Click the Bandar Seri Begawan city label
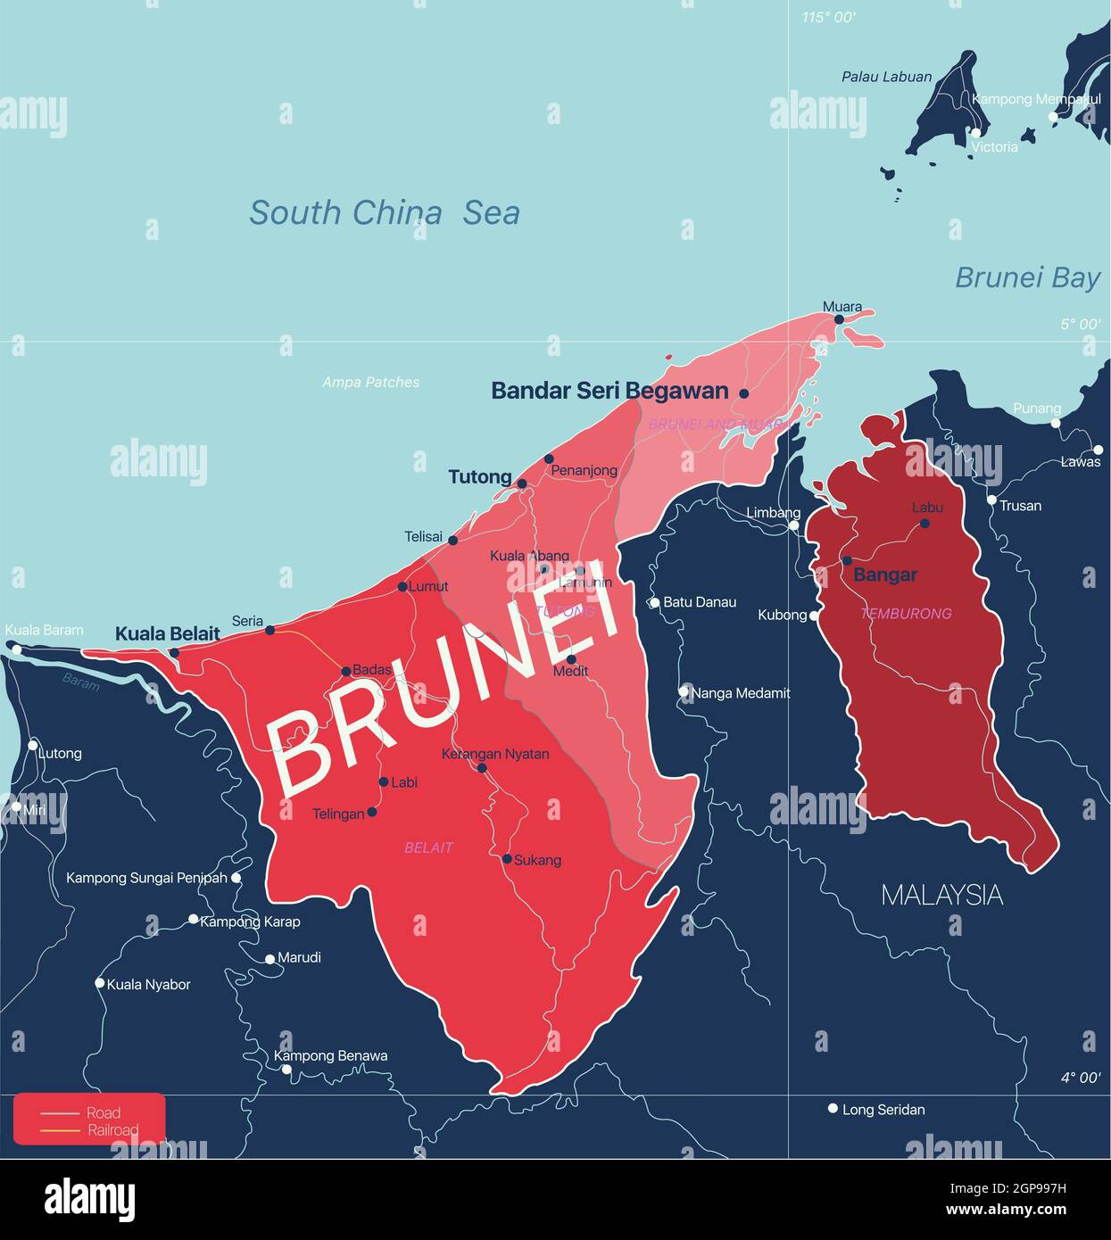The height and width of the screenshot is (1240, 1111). pyautogui.click(x=609, y=391)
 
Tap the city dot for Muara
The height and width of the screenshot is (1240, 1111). pyautogui.click(x=839, y=319)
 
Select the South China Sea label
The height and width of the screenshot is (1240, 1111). pyautogui.click(x=384, y=213)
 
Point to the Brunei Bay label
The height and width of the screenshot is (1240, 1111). pyautogui.click(x=1027, y=277)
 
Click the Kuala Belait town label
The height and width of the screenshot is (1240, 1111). pyautogui.click(x=168, y=633)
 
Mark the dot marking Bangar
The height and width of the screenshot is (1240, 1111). pyautogui.click(x=847, y=561)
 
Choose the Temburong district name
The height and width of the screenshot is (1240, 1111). pyautogui.click(x=906, y=614)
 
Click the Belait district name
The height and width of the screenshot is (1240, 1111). pyautogui.click(x=428, y=847)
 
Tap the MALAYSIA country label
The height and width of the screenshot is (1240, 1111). pyautogui.click(x=941, y=895)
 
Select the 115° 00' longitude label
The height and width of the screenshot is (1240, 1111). pyautogui.click(x=828, y=17)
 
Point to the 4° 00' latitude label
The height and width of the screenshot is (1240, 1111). pyautogui.click(x=1080, y=1078)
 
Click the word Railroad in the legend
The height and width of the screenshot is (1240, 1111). pyautogui.click(x=113, y=1130)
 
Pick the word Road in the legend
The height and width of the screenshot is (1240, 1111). pyautogui.click(x=104, y=1112)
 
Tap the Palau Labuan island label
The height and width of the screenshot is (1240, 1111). pyautogui.click(x=886, y=78)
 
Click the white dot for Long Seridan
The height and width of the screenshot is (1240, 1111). pyautogui.click(x=833, y=1109)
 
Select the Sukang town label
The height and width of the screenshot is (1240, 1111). pyautogui.click(x=537, y=860)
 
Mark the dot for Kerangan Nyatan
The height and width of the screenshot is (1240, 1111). pyautogui.click(x=482, y=768)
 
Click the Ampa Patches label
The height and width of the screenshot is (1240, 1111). pyautogui.click(x=370, y=383)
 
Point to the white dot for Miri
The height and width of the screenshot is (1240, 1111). pyautogui.click(x=15, y=806)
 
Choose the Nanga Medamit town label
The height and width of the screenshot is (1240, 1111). pyautogui.click(x=741, y=693)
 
